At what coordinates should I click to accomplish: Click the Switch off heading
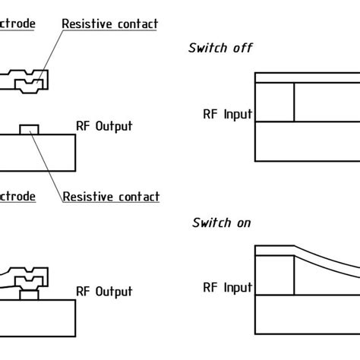coord(219,49)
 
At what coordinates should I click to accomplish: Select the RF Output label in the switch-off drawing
coord(105,126)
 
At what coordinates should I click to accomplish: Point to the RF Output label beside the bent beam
coord(105,291)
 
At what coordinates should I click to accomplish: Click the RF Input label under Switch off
coord(227,115)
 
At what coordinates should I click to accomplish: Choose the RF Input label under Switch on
coord(227,288)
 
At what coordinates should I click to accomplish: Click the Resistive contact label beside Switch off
coord(109,24)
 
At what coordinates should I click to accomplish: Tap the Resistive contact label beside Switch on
coord(111,197)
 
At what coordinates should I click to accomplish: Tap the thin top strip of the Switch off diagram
coord(304,77)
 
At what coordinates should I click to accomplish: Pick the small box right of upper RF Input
coord(273,101)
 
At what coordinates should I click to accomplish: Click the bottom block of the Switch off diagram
coord(304,141)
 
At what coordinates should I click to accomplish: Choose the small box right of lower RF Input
coord(273,275)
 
